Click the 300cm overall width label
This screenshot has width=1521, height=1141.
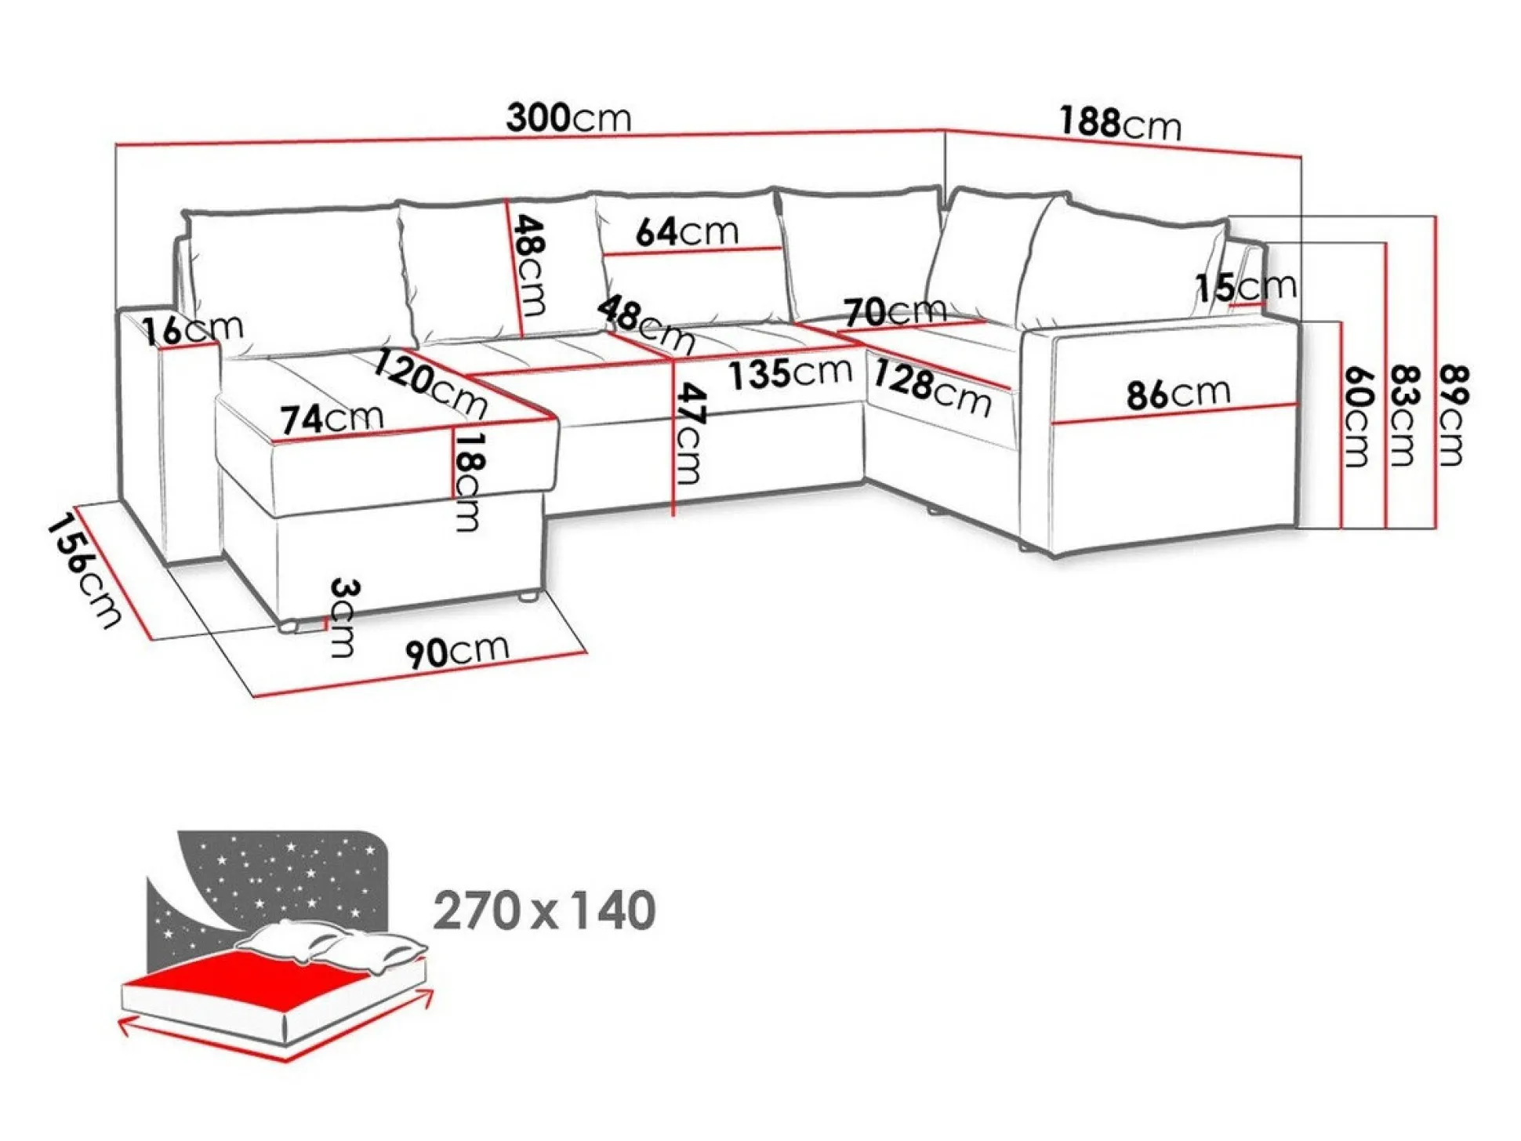tap(568, 118)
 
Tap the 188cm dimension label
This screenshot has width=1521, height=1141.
tap(1120, 123)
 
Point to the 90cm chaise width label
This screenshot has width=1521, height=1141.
tap(457, 651)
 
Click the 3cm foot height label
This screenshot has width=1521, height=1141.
tap(343, 617)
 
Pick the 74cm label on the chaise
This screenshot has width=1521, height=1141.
tap(332, 418)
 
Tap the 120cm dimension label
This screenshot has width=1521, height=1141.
tap(430, 383)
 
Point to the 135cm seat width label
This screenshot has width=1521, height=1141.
tap(790, 373)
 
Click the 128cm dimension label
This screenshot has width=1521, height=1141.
tap(932, 387)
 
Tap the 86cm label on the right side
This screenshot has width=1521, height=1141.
tap(1178, 393)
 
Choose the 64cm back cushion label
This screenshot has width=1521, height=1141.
tap(687, 231)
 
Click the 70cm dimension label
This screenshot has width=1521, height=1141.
tap(895, 311)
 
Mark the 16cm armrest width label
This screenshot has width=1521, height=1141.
tap(193, 329)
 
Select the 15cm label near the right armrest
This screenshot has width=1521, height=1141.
tap(1245, 287)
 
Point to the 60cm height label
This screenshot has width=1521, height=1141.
tap(1357, 416)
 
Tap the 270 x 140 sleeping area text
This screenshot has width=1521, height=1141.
tap(544, 910)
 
